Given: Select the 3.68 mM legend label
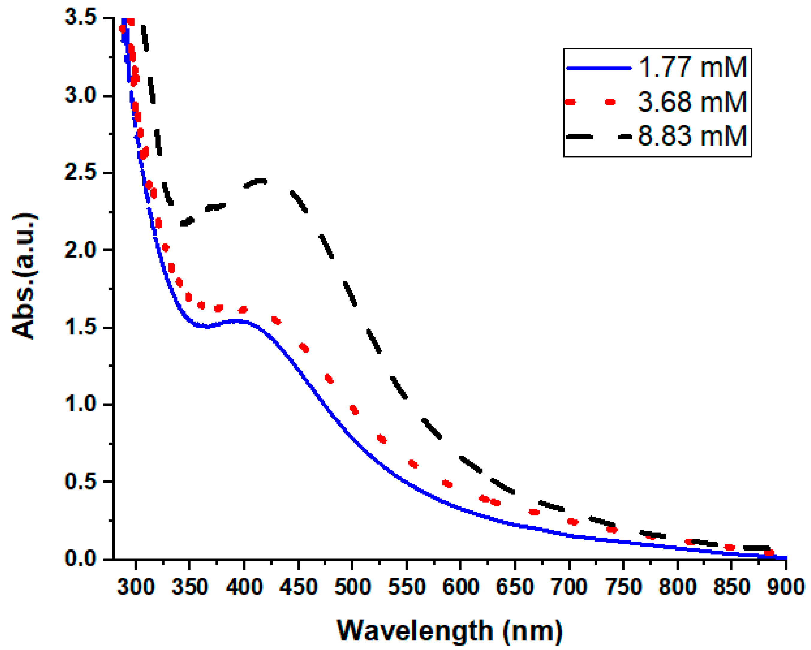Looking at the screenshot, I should [693, 102].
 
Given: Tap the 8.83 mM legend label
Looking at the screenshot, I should [693, 136].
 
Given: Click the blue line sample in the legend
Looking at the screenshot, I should [599, 68].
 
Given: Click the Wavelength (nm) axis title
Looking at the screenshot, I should [449, 631].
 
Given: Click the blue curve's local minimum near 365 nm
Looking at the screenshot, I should [207, 326].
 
